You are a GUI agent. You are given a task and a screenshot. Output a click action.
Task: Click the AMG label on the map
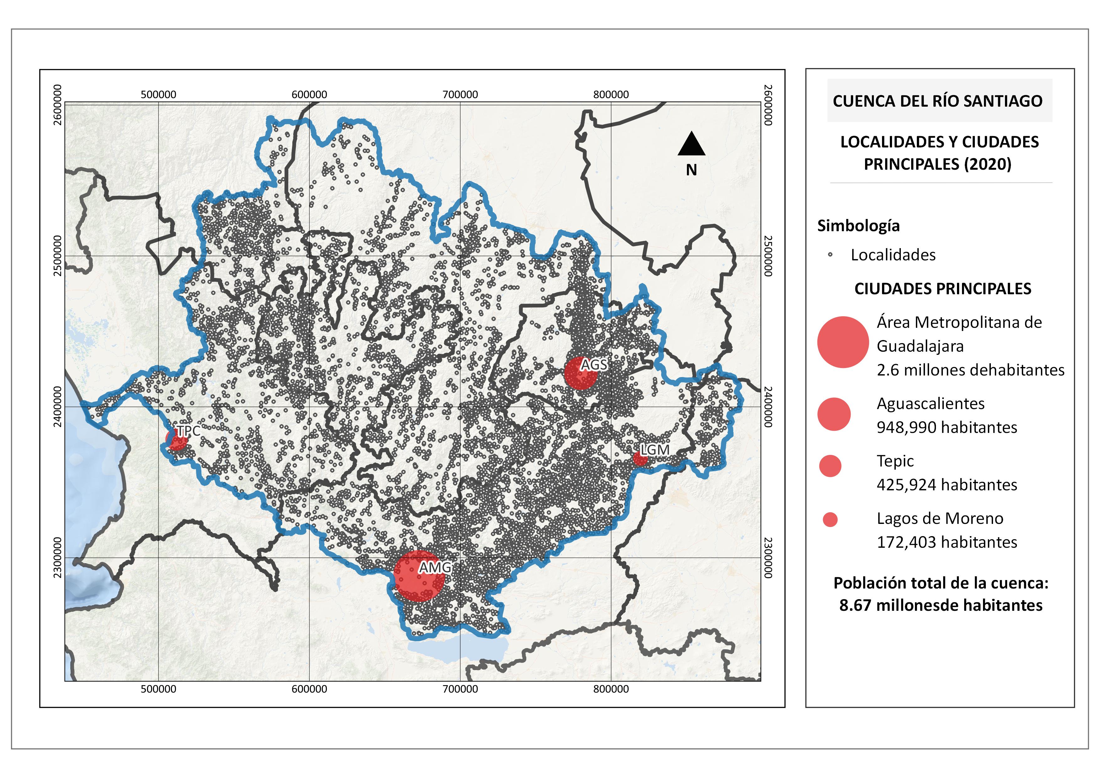[x=434, y=567]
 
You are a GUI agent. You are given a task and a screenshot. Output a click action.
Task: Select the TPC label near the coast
[x=188, y=431]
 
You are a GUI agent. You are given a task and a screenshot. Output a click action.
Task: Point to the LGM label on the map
[x=654, y=450]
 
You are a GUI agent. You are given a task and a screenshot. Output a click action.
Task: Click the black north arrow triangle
[x=691, y=145]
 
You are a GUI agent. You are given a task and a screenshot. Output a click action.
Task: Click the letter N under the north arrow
[x=691, y=170]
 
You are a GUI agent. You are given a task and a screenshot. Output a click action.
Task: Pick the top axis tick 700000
[x=460, y=94]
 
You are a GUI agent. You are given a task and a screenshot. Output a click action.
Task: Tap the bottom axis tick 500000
[x=159, y=689]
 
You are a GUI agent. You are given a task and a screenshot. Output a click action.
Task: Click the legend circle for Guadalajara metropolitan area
[x=843, y=342]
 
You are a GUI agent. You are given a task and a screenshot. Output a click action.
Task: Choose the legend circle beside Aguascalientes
[x=834, y=414]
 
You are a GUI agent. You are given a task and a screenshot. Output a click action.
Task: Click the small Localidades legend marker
[x=830, y=255]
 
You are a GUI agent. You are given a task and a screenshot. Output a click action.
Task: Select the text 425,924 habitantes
[x=947, y=485]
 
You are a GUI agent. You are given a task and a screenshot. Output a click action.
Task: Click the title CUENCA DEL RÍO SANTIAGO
[x=938, y=101]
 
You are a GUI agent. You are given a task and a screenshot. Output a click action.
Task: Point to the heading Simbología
[x=858, y=226]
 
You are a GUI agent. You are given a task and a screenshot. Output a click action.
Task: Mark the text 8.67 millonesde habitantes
[x=940, y=605]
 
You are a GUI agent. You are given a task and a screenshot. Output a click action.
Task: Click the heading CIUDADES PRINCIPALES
[x=942, y=289]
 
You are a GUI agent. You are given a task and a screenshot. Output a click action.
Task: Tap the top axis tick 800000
[x=611, y=94]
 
